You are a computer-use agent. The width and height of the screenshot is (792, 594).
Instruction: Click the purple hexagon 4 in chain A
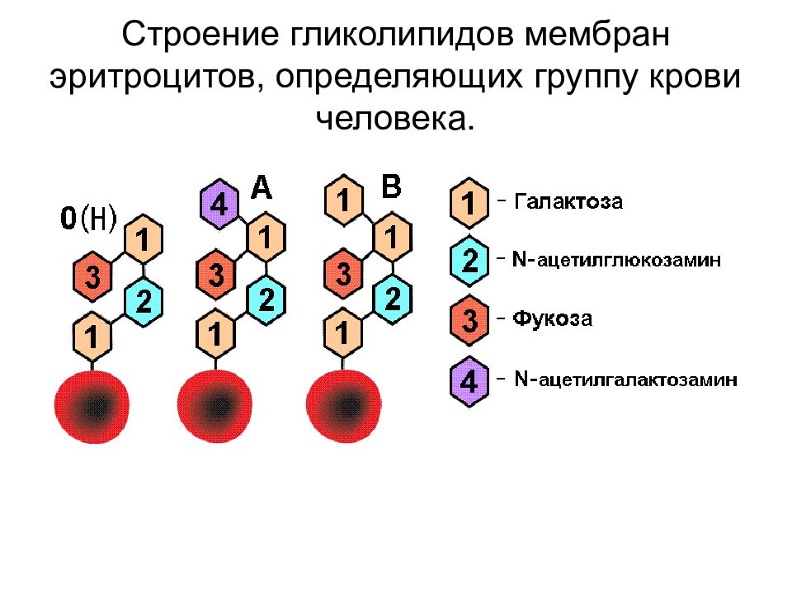(219, 204)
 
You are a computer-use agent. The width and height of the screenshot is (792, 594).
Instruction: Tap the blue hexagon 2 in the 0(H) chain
(144, 302)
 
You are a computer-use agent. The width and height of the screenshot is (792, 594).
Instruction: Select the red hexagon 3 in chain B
(343, 273)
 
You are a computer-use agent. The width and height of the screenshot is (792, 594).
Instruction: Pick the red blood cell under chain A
(214, 406)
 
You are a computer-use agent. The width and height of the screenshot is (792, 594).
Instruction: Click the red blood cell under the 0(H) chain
(92, 407)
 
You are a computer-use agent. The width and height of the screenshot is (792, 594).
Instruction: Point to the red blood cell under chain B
(344, 406)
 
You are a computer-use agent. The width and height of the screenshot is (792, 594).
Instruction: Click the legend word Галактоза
(568, 201)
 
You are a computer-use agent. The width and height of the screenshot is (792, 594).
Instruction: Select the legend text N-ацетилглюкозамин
(616, 260)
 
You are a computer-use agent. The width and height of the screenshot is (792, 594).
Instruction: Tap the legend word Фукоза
(553, 318)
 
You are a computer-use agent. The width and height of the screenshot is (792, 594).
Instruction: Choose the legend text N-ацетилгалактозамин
(626, 379)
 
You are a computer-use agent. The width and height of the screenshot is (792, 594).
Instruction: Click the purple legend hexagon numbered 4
(469, 381)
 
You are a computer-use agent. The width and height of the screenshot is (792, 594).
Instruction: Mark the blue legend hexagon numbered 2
(469, 261)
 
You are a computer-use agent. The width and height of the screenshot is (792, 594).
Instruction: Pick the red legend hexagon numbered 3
(469, 320)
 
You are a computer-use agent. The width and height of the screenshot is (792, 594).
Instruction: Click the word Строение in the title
(200, 35)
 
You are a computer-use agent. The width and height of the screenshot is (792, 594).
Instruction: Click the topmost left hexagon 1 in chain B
(343, 200)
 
